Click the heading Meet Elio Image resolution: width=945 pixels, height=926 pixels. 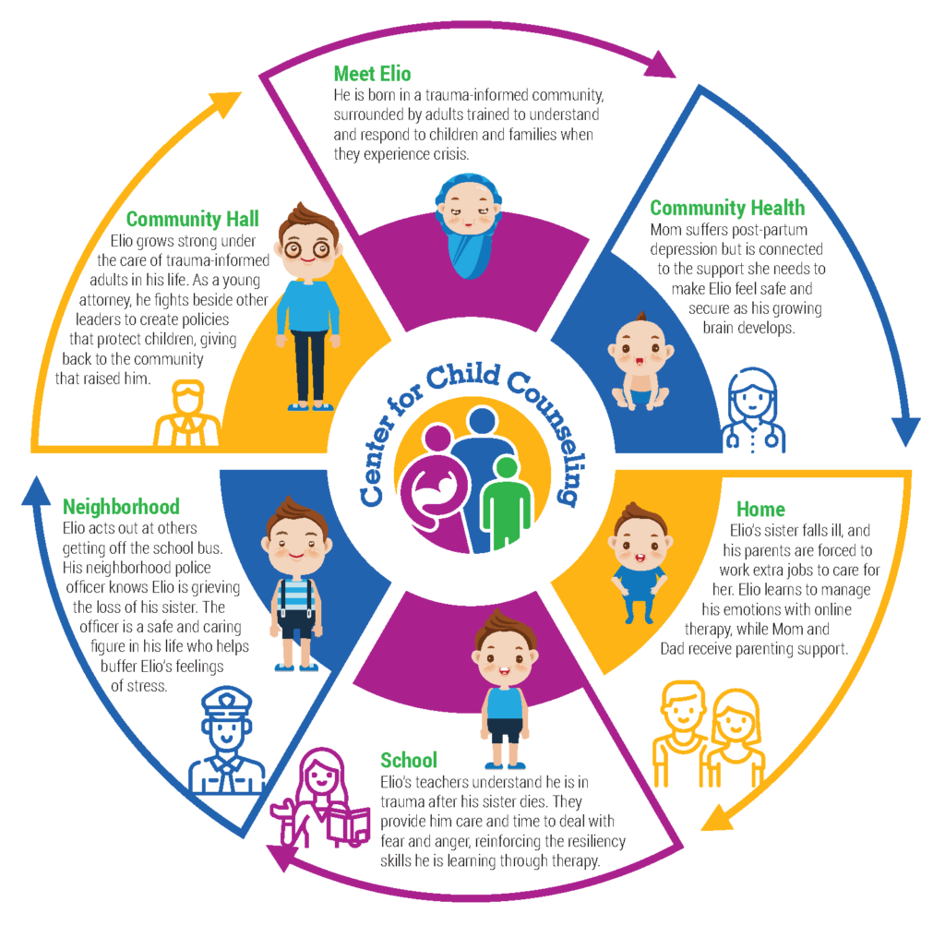click(x=372, y=73)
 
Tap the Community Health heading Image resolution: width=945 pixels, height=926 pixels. click(x=727, y=208)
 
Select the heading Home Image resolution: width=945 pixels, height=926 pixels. click(x=760, y=509)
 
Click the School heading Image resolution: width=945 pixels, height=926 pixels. click(x=409, y=761)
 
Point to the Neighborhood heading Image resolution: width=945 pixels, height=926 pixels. click(x=121, y=507)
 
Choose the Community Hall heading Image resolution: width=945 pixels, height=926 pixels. click(x=192, y=219)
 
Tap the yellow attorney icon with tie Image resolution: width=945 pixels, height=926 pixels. click(x=187, y=415)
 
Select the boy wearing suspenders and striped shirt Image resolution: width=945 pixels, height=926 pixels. click(x=296, y=587)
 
